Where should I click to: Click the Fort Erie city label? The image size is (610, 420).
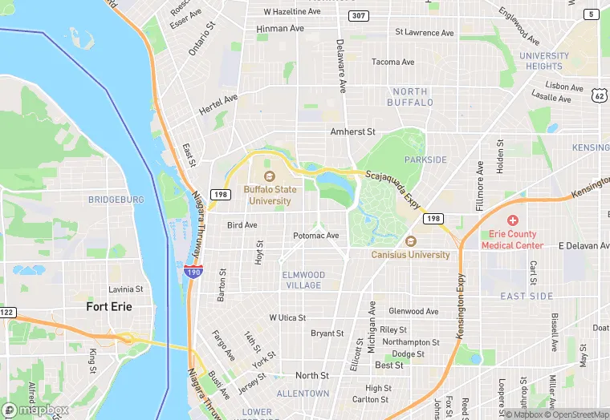109,306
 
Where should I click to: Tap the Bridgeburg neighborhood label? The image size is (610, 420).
116,200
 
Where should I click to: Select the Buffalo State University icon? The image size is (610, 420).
267,176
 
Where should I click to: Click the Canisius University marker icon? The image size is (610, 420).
411,241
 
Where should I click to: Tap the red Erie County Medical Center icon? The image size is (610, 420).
512,220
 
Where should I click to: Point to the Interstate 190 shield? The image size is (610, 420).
193,273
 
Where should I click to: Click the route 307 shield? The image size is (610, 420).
359,16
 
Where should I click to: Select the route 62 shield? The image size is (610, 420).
600,95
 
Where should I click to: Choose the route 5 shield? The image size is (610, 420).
592,14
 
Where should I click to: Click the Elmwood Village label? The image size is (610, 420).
303,280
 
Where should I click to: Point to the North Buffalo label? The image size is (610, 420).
410,97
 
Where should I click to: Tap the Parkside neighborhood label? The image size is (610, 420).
425,160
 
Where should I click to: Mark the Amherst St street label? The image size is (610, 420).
353,131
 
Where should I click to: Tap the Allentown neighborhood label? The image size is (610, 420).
303,394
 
